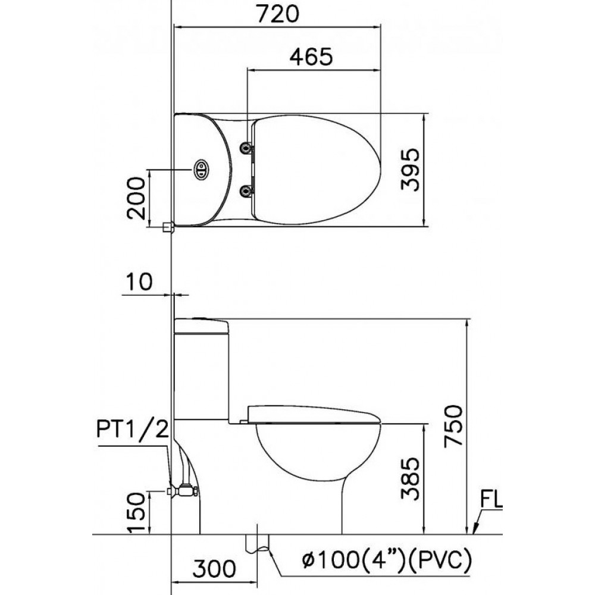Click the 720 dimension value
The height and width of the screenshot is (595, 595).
[x=278, y=14]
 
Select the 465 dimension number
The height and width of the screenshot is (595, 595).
[x=311, y=57]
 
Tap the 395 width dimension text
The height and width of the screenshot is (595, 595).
[x=411, y=169]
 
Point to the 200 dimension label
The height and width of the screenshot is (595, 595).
[x=136, y=198]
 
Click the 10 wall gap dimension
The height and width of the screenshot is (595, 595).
[x=139, y=281]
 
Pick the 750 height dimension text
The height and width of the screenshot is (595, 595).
[x=454, y=425]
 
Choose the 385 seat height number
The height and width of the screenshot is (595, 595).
[x=411, y=479]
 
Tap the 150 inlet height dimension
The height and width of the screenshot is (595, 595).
[x=136, y=512]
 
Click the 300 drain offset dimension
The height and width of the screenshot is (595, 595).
[x=214, y=569]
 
